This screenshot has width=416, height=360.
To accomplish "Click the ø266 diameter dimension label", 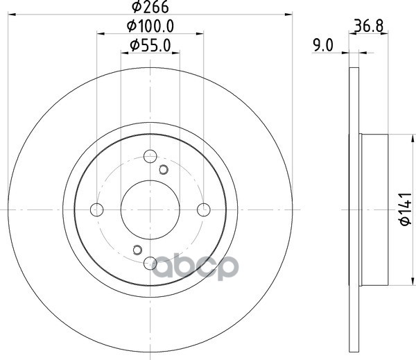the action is coord(150,7).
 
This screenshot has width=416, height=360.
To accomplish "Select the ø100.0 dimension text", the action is coord(150,26).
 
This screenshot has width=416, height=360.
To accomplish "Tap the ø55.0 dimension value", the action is coord(150,45).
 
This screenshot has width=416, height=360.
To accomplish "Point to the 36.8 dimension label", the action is coord(369,26).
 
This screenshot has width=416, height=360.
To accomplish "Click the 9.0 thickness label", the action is coord(323,45).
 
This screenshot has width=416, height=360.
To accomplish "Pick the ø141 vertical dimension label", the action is coord(406,209).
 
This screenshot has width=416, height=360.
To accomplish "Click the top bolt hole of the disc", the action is coord(150,156).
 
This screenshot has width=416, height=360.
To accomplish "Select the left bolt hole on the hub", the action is coord(97,209).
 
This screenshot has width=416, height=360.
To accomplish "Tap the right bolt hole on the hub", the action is coord(204,209).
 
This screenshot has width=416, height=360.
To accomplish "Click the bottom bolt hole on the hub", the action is coord(150,263).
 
